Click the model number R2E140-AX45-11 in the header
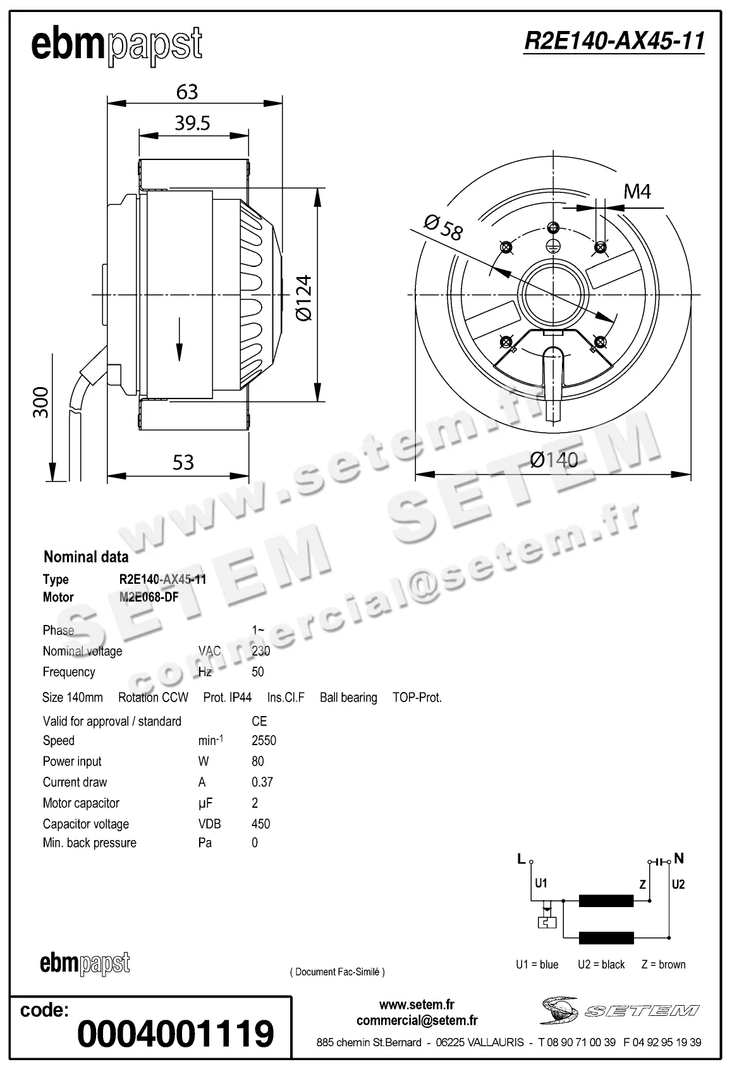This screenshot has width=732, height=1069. pos(614,41)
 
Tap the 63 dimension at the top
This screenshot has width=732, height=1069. pos(187,92)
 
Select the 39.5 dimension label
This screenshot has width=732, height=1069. pos(192,123)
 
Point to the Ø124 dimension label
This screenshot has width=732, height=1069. pos(304,297)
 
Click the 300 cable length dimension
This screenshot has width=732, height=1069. pos(40,402)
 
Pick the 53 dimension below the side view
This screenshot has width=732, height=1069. pos(183,462)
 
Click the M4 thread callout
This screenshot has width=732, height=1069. pos(637,191)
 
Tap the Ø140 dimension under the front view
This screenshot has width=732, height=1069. pos(554,460)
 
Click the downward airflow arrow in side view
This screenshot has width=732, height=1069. pos(180,340)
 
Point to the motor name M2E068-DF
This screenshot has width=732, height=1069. pos(149,597)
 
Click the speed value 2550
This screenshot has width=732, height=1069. pos(264,740)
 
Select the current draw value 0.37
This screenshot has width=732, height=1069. pos(262,782)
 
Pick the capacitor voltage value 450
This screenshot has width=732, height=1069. pos(260,824)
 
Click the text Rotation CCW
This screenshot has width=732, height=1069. pos(153,697)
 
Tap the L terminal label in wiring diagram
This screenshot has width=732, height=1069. pos(521,858)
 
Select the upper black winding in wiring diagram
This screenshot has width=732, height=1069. pos(606,901)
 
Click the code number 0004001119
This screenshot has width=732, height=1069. pos(175,1034)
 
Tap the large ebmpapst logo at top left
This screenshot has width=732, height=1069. pos(117,46)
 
